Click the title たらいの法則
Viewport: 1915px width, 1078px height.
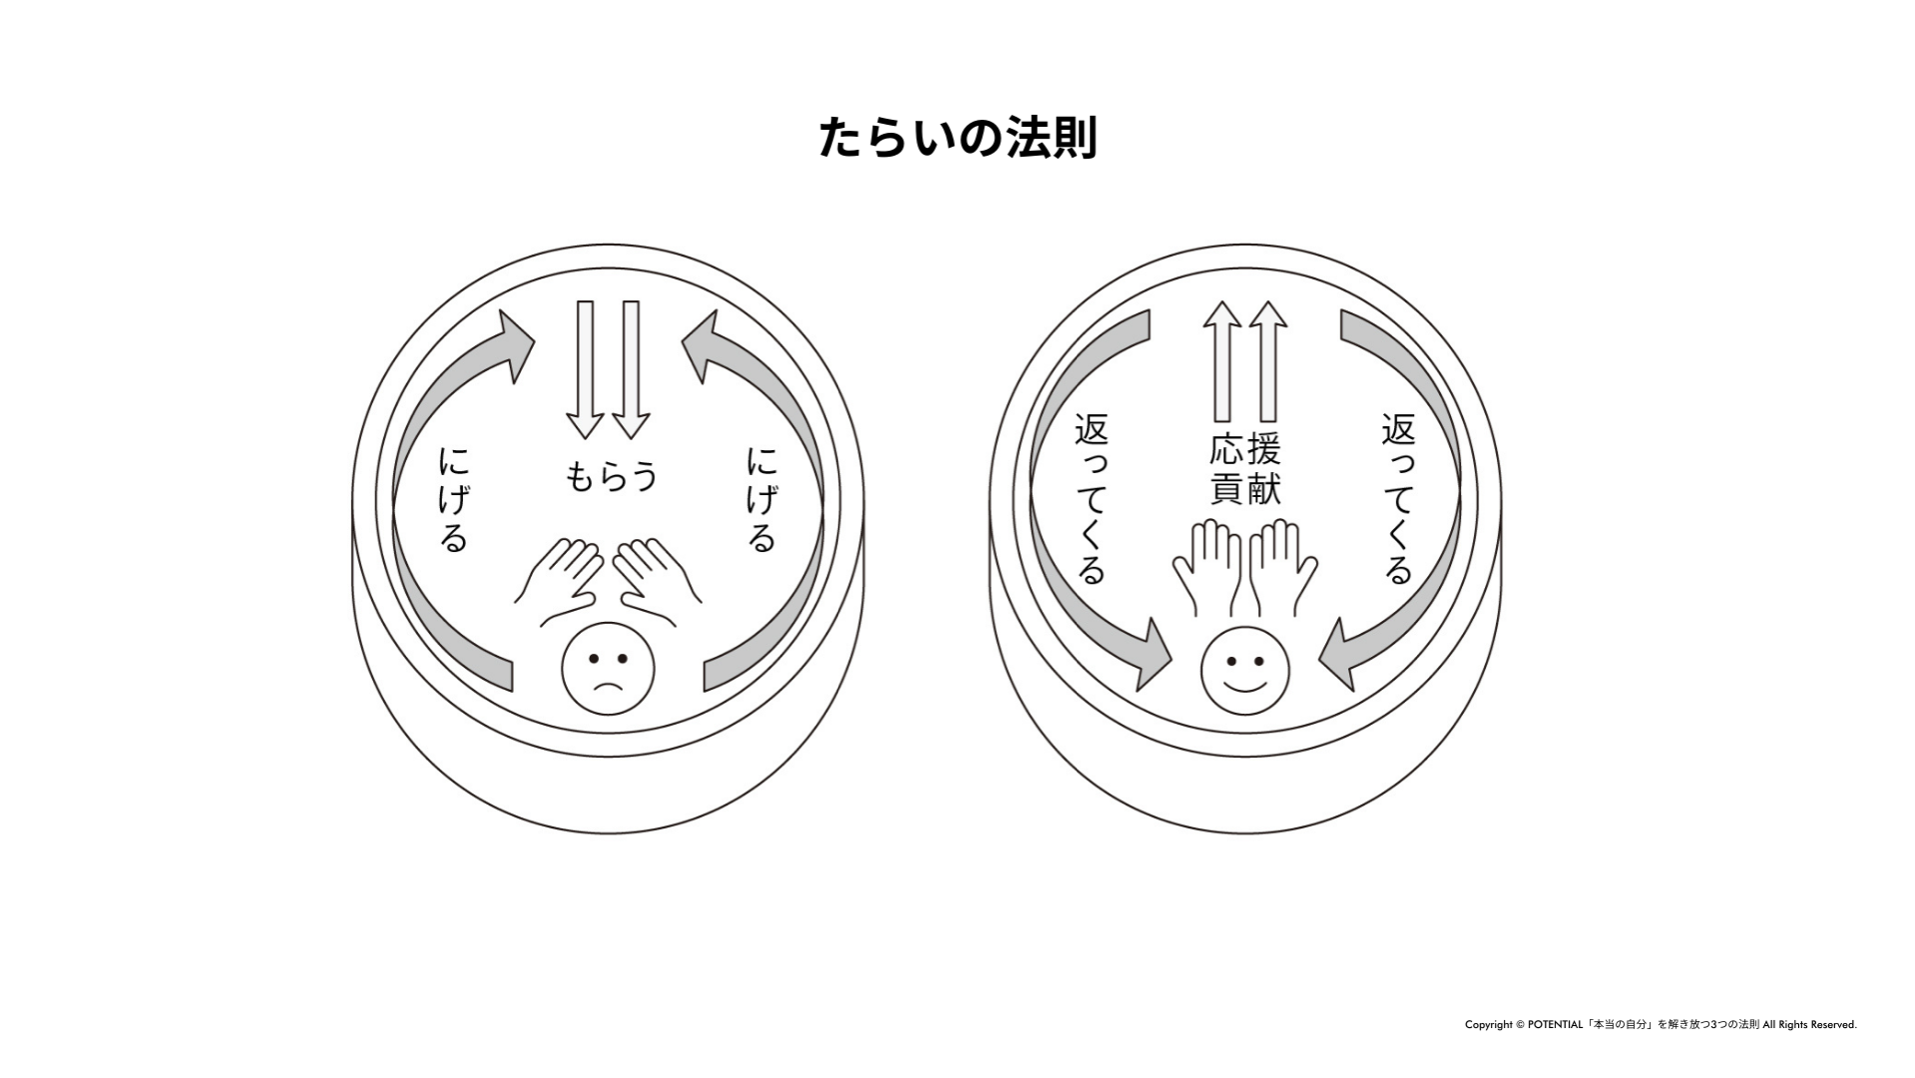click(x=957, y=138)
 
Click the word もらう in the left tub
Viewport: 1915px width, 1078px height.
click(x=611, y=476)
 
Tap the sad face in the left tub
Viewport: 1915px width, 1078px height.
click(x=608, y=669)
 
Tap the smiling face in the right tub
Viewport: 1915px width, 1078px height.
click(x=1244, y=669)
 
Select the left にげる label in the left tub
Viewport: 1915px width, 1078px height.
click(x=453, y=499)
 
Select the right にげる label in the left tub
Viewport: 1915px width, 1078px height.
click(x=761, y=499)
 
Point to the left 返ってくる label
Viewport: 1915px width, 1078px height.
click(x=1091, y=499)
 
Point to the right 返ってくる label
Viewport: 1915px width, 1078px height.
click(x=1398, y=499)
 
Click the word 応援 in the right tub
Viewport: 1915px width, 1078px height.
click(x=1244, y=450)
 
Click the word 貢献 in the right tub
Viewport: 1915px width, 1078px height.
click(x=1244, y=488)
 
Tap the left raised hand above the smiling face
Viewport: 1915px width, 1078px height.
click(x=1208, y=567)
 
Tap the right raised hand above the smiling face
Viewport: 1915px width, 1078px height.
click(x=1282, y=567)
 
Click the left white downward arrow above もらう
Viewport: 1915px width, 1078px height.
click(x=585, y=369)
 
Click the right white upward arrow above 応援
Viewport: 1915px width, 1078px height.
click(x=1268, y=361)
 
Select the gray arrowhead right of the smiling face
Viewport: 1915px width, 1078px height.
click(x=1338, y=656)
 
